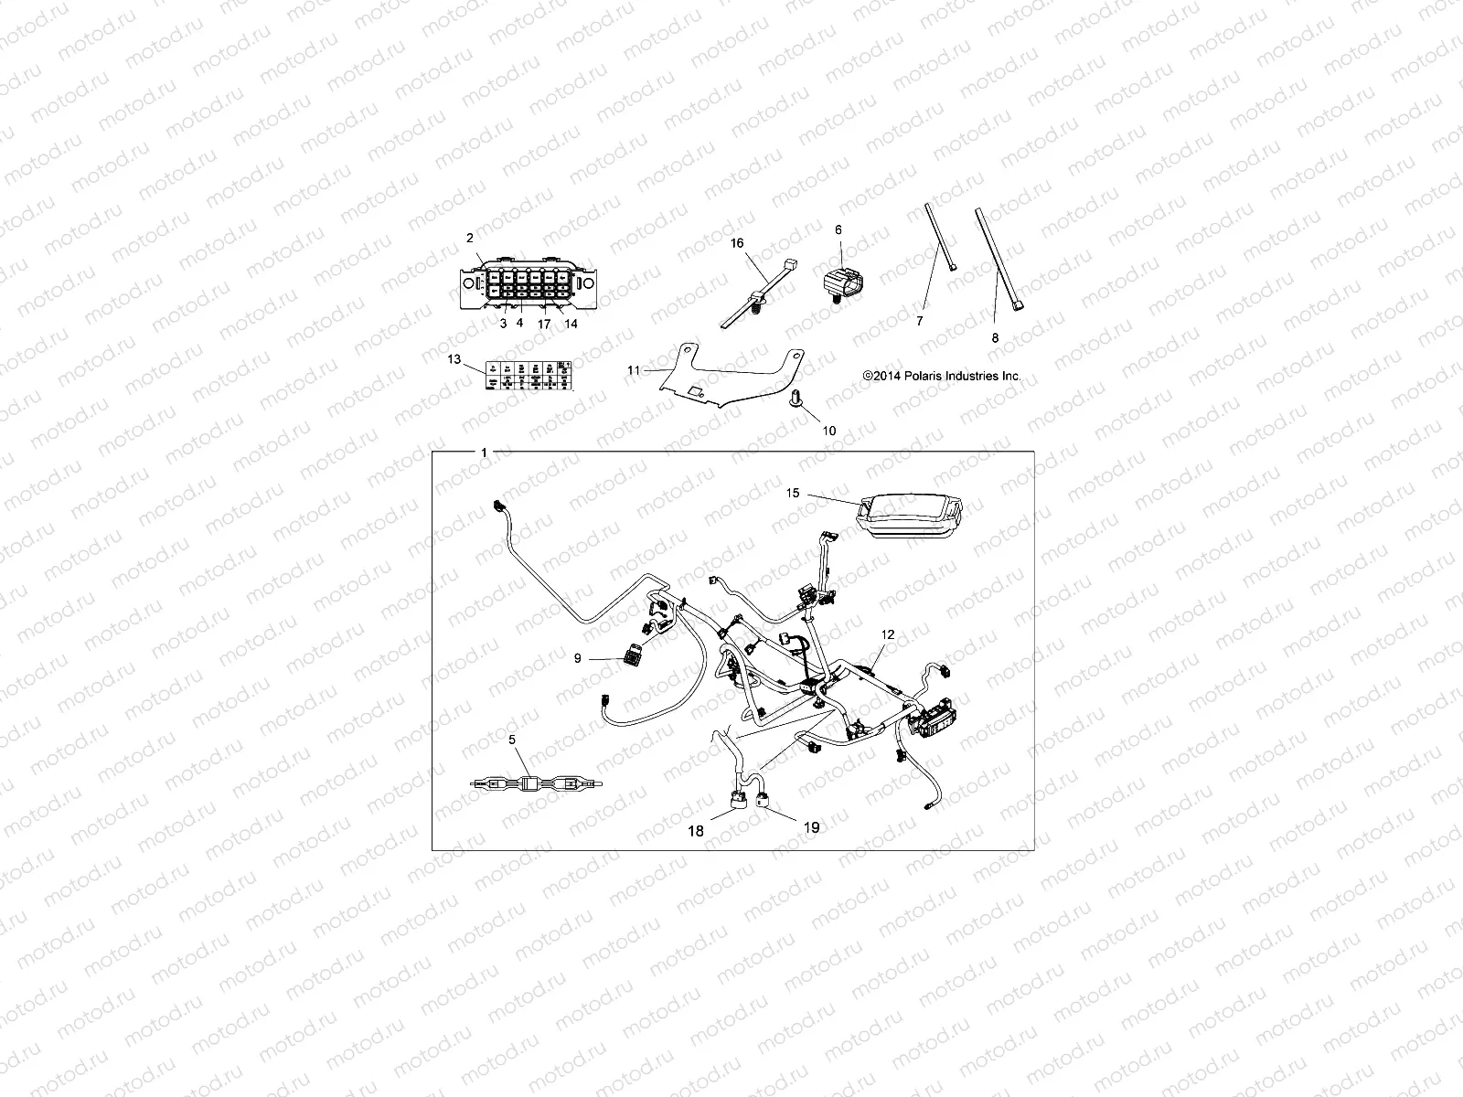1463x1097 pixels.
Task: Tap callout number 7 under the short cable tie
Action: tap(920, 321)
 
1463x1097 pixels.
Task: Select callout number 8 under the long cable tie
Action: tap(996, 337)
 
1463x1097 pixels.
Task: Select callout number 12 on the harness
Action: tap(888, 634)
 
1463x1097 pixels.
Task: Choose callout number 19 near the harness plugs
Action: tap(810, 827)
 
